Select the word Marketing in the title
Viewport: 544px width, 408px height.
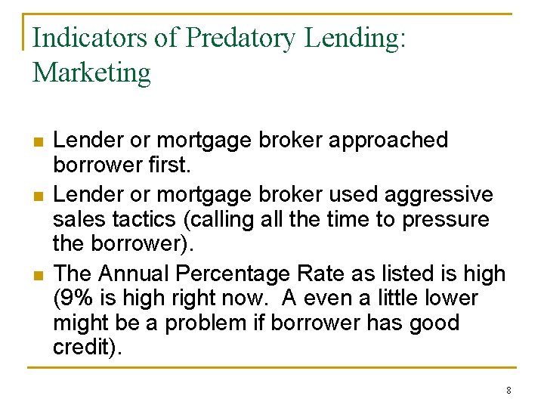[x=91, y=73]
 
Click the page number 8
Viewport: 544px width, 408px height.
[x=508, y=391]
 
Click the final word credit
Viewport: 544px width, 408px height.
[x=82, y=348]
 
